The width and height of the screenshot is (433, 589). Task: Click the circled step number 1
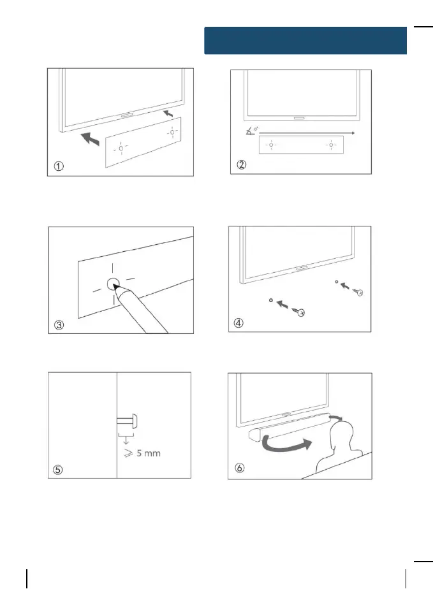coord(58,166)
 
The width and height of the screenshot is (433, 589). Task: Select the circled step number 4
coord(239,323)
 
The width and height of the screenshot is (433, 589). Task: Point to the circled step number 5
coord(58,470)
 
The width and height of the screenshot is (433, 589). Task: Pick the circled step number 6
coord(239,470)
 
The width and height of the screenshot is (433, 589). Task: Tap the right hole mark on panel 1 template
coord(172,132)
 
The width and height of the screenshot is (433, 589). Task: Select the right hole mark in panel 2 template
coord(331,145)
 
